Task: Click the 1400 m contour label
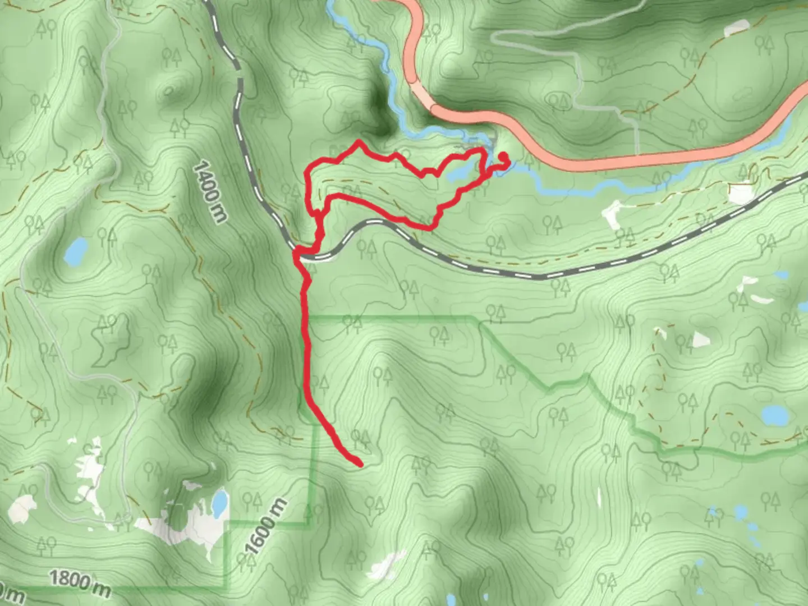[209, 192]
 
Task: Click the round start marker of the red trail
[503, 157]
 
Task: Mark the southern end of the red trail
[358, 463]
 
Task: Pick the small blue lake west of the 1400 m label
[76, 250]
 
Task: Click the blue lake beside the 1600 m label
[220, 503]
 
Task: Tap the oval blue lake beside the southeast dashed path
[775, 415]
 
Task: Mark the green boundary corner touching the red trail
[307, 319]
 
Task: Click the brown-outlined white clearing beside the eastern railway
[741, 194]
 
